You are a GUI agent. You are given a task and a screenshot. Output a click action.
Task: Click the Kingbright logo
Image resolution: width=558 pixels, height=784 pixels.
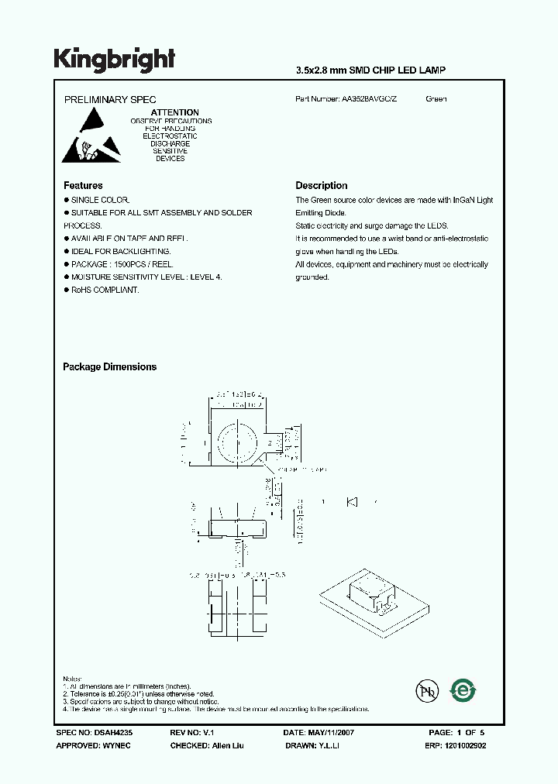115,59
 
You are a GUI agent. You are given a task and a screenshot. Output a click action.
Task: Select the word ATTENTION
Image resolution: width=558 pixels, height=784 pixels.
174,112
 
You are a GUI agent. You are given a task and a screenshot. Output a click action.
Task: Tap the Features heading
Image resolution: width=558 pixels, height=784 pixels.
83,186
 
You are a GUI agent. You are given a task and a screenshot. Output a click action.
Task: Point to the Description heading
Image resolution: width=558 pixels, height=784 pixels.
322,186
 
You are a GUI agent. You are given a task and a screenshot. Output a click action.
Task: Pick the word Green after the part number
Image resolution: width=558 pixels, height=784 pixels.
436,99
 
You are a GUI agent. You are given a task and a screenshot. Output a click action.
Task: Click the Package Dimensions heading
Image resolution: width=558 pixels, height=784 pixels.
109,367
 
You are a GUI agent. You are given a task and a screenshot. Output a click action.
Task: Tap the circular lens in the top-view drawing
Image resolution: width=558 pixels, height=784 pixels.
238,442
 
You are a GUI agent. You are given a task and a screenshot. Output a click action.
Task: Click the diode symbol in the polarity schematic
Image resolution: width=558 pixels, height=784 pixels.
352,502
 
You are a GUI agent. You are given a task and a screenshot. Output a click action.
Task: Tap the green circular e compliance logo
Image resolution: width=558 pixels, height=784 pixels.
463,689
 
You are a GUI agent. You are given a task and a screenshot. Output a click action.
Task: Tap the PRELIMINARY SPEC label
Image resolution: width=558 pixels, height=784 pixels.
109,99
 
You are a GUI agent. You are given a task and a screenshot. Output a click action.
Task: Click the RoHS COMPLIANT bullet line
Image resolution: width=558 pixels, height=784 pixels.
105,290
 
